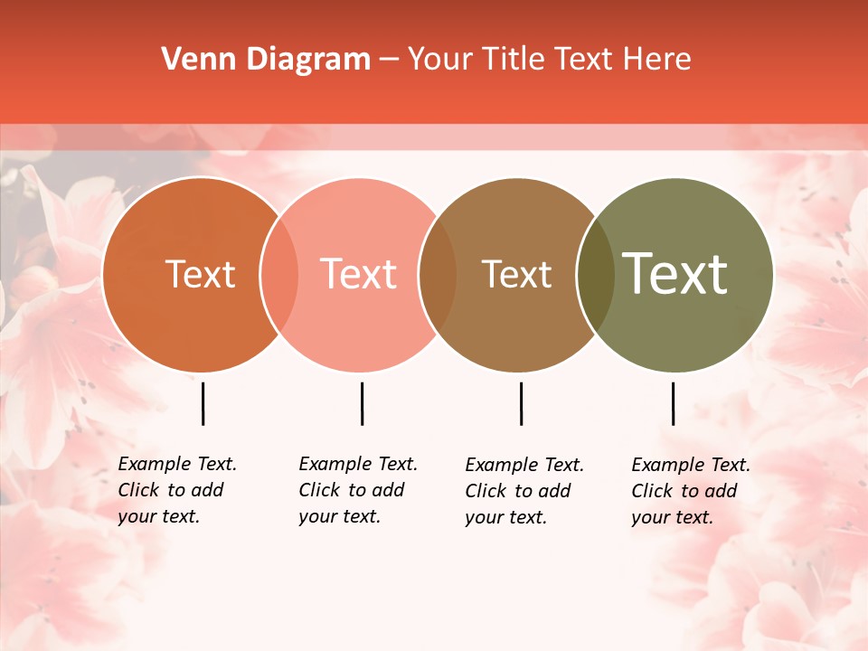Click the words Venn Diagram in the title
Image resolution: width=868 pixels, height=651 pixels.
pyautogui.click(x=266, y=60)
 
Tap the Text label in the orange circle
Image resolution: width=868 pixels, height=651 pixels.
pyautogui.click(x=200, y=274)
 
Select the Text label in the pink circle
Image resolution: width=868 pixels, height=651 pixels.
pyautogui.click(x=358, y=274)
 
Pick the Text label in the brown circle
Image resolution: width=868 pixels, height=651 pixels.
pyautogui.click(x=516, y=274)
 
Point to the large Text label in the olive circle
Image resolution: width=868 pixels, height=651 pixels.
pyautogui.click(x=675, y=274)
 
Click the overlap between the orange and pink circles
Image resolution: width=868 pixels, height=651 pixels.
pyautogui.click(x=279, y=275)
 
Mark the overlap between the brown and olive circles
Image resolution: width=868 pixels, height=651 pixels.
pyautogui.click(x=595, y=275)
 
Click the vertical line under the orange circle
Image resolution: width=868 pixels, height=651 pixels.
pyautogui.click(x=203, y=403)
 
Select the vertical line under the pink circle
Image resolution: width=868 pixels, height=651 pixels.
pyautogui.click(x=362, y=403)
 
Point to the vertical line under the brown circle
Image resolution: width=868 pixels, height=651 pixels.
pyautogui.click(x=521, y=403)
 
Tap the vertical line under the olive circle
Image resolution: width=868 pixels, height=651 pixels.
pyautogui.click(x=673, y=403)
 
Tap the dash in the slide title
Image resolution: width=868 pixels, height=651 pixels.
pyautogui.click(x=388, y=61)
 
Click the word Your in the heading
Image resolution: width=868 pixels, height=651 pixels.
pyautogui.click(x=441, y=60)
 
